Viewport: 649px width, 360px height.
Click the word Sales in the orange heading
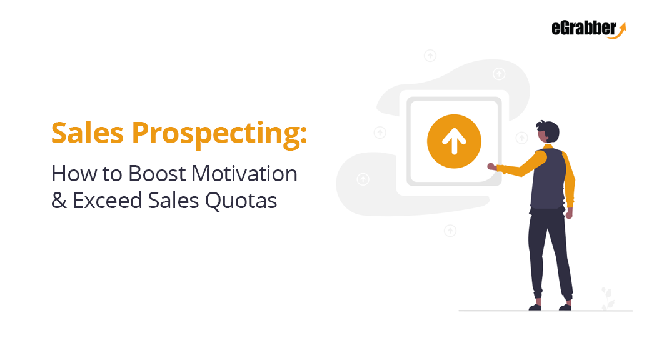pos(88,133)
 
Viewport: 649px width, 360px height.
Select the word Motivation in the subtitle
pos(244,173)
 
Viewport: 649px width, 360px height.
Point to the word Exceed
pos(107,201)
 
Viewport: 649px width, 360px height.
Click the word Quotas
pos(241,201)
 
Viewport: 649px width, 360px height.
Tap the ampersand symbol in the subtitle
pos(59,201)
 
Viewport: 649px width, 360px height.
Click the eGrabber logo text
pos(584,28)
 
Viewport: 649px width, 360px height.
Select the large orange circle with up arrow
pos(454,141)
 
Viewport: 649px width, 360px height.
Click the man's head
pos(548,132)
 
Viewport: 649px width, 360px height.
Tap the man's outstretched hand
pos(491,166)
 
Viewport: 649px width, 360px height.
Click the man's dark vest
pos(548,179)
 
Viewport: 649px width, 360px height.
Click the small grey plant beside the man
pos(607,298)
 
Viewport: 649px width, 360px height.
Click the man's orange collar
pos(548,146)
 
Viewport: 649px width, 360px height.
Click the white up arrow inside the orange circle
pos(454,141)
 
